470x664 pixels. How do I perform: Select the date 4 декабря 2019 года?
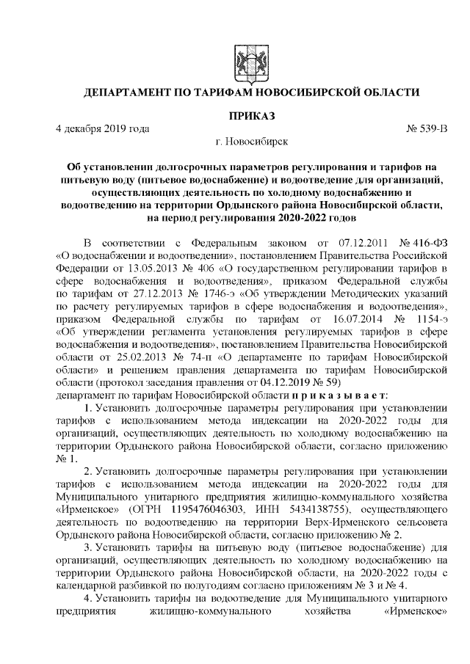point(103,128)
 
